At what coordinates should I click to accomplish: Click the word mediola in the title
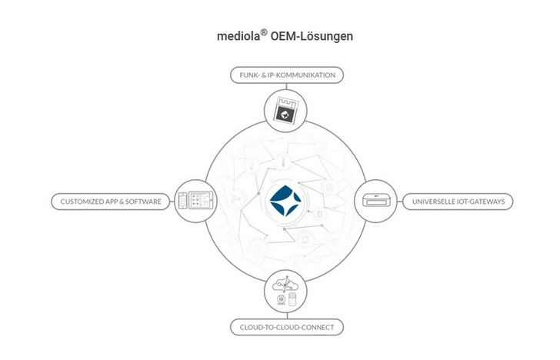(238, 36)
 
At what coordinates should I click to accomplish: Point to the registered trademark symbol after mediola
(263, 32)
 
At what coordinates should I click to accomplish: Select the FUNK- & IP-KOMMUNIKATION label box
(286, 75)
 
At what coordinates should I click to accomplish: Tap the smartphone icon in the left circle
(182, 202)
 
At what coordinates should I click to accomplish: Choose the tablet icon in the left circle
(200, 202)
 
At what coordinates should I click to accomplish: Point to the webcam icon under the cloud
(281, 299)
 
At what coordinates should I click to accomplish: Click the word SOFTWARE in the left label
(145, 202)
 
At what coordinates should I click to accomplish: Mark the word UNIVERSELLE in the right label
(434, 202)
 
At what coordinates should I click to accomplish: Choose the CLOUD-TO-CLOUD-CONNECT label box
(286, 328)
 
